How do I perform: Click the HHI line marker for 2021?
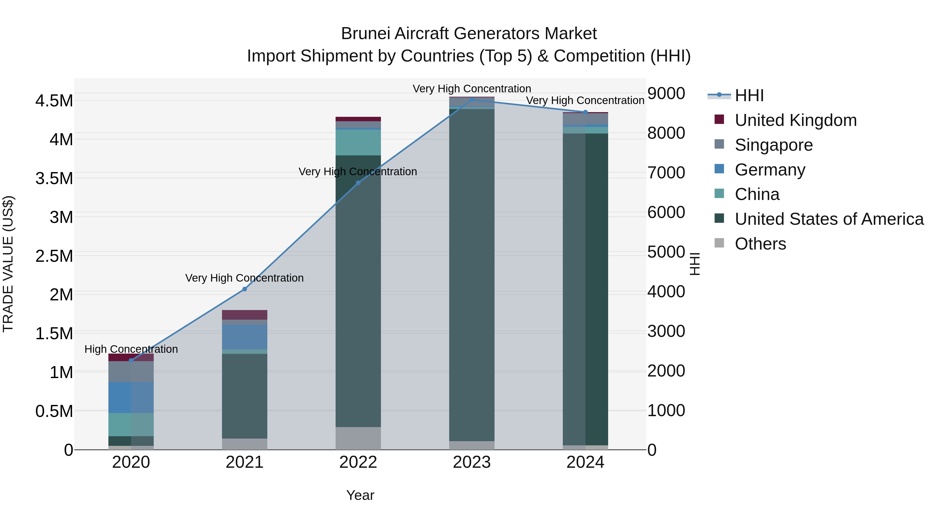coord(245,289)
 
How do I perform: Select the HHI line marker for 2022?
coord(358,183)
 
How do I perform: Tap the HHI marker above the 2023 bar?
coord(472,100)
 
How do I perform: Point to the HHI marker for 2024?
coord(585,112)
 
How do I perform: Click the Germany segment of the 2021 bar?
coord(245,337)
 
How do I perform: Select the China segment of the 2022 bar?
coord(358,142)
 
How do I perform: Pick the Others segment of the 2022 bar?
coord(358,438)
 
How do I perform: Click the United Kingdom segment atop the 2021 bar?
coord(245,314)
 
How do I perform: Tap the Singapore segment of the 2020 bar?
coord(131,371)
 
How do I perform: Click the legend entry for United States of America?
coord(829,219)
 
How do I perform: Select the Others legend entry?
coord(760,244)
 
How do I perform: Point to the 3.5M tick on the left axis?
coord(54,179)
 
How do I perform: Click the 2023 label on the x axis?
coord(472,462)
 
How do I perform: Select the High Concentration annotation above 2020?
coord(131,349)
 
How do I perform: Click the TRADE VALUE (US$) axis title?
coord(8,264)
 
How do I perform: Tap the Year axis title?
coord(360,495)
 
